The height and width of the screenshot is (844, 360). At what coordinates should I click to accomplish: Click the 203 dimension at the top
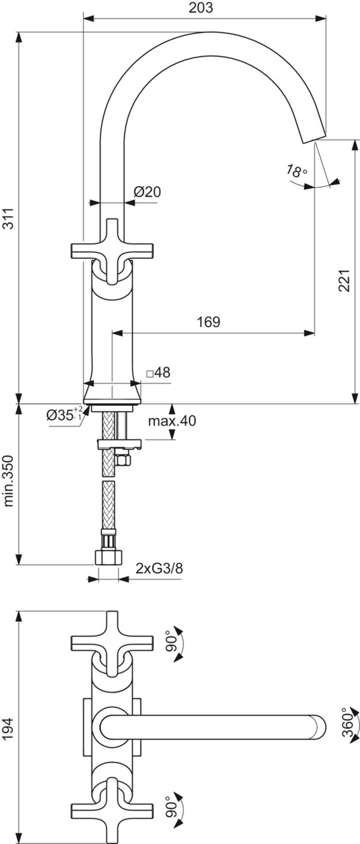coord(201,8)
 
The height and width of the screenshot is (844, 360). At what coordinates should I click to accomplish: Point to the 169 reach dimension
coord(208,322)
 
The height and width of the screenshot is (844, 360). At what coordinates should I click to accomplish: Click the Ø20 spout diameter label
coord(147,192)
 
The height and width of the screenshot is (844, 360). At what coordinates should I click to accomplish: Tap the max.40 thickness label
coord(172,421)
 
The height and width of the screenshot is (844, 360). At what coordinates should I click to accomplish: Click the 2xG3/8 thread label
coord(159,568)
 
